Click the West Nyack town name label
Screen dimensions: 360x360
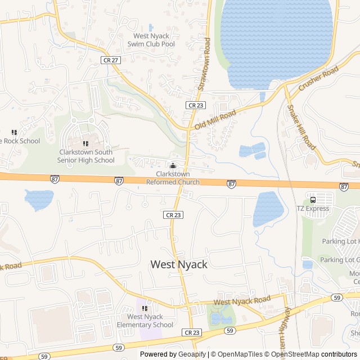click(179, 264)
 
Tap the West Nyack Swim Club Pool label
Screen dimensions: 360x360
click(151, 40)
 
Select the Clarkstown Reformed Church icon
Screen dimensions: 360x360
click(173, 165)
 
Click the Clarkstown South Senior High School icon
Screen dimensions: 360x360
click(85, 143)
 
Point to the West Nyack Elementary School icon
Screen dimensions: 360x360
click(145, 308)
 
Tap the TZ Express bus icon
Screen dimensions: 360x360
click(313, 199)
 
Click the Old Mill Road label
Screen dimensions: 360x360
click(215, 120)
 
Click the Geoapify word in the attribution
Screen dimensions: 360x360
click(192, 354)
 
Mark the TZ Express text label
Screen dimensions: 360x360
click(313, 209)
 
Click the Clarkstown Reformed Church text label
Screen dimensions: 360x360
click(173, 178)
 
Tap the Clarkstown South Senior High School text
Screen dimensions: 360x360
click(85, 156)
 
